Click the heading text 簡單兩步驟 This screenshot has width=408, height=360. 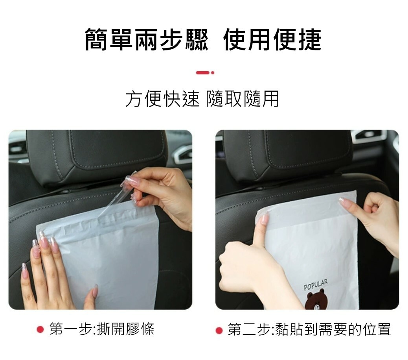pos(147,40)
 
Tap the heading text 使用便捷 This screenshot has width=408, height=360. pos(272,40)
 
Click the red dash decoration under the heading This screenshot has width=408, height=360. pos(205,73)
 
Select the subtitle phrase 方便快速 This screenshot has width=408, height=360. pos(162,99)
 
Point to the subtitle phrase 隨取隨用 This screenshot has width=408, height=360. pos(243,99)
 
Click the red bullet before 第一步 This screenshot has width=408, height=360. pos(40,330)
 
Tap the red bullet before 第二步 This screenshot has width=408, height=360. pos(219,330)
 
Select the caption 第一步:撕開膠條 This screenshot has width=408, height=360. pos(102,329)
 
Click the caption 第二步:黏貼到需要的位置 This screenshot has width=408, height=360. pos(309,329)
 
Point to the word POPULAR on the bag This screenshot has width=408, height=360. pos(316,285)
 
